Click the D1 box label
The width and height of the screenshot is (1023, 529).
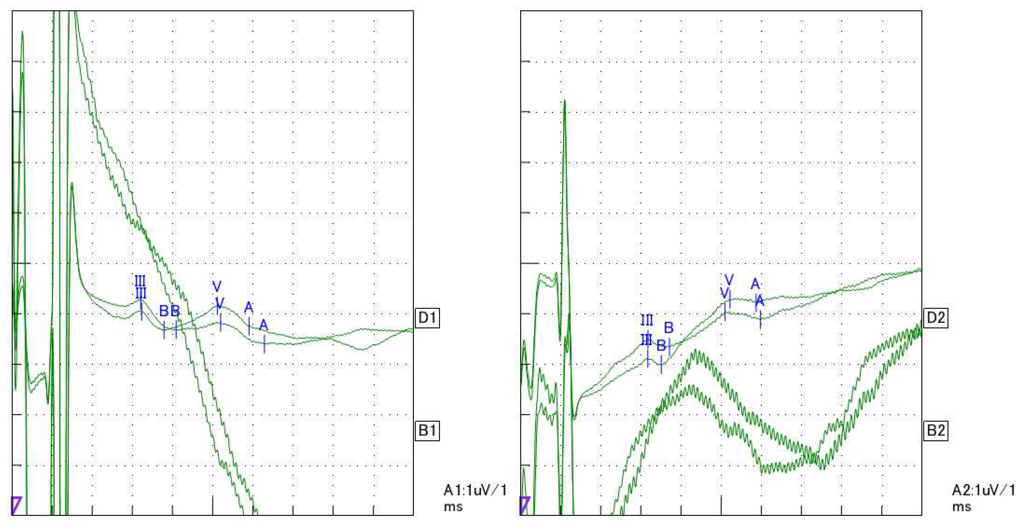tap(427, 318)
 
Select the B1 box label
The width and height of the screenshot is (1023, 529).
tap(427, 430)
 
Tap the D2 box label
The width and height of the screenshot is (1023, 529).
tap(936, 318)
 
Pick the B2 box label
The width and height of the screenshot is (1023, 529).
tap(936, 430)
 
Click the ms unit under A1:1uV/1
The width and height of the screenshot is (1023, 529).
tap(453, 507)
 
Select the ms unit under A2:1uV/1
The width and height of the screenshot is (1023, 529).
tap(961, 507)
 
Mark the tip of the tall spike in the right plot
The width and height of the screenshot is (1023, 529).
tap(564, 101)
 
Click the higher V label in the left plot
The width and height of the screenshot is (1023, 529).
tap(217, 286)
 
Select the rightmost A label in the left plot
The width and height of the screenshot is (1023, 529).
tap(264, 326)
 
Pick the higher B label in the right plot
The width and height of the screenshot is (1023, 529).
tap(669, 328)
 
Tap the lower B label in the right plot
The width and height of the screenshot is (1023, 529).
tap(661, 345)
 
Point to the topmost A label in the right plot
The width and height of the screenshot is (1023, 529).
tap(755, 284)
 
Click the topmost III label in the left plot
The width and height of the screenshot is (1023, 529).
tap(140, 281)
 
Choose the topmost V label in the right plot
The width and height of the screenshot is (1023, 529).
tap(729, 280)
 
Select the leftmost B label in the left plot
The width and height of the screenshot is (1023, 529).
tap(164, 311)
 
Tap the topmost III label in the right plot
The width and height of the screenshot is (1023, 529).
tap(647, 320)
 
